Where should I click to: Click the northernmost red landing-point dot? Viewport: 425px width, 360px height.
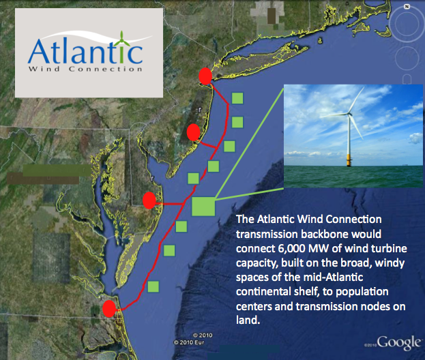pyautogui.click(x=203, y=76)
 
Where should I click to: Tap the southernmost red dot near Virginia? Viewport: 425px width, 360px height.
pyautogui.click(x=108, y=308)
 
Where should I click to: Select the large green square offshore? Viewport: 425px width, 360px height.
pyautogui.click(x=203, y=207)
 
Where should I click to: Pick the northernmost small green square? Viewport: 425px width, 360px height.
pyautogui.click(x=237, y=98)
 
